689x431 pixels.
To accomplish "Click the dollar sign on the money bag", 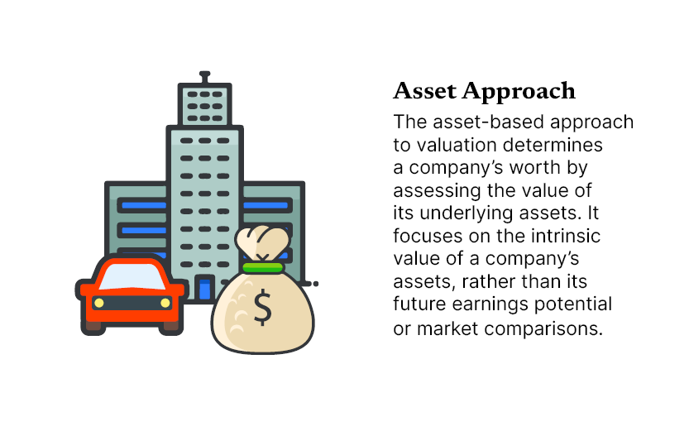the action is coord(263,307).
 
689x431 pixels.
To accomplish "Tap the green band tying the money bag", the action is coord(263,267).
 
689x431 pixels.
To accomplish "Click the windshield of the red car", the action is coord(132,276).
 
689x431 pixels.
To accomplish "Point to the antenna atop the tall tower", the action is coord(204,77).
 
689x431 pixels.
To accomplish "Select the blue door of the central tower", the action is coord(205,289).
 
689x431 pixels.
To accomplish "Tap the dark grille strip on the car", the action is coord(132,302).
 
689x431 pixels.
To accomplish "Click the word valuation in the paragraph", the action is coord(456,145).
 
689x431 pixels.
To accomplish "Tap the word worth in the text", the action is coord(534,167).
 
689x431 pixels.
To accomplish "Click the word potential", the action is coord(573,304).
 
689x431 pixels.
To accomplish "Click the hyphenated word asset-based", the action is coord(488,122).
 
